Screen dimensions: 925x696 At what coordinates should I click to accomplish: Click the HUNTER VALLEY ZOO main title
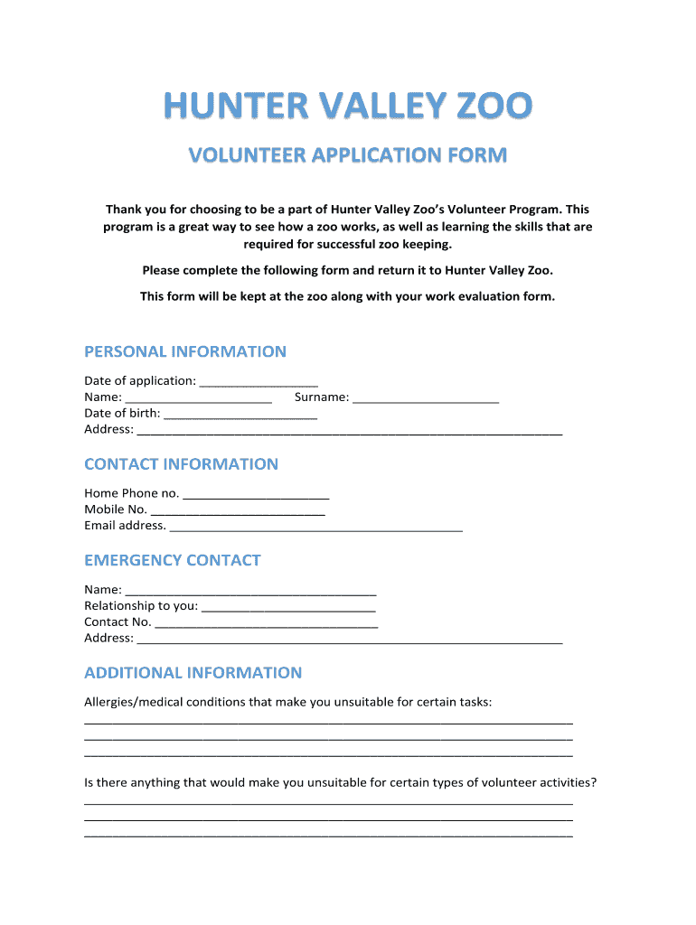[348, 107]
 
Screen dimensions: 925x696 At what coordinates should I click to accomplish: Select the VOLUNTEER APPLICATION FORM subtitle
[348, 155]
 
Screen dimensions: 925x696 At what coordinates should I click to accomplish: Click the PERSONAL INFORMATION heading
[185, 351]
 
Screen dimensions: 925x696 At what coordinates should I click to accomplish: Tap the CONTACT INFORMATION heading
[181, 464]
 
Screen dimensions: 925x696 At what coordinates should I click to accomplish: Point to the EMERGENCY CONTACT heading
[172, 560]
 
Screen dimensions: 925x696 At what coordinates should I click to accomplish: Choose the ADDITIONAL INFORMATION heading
[193, 673]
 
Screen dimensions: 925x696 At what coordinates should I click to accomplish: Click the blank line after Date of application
[259, 382]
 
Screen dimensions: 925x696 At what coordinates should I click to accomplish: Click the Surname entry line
[426, 398]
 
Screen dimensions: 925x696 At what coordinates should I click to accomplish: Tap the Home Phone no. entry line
[256, 495]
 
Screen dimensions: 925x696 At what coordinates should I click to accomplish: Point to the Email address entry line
[315, 527]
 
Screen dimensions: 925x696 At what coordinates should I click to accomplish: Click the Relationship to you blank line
[288, 607]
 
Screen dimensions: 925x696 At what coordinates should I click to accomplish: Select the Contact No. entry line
[267, 623]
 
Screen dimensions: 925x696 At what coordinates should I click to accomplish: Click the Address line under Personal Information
[349, 431]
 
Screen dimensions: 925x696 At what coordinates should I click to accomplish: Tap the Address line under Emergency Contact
[349, 640]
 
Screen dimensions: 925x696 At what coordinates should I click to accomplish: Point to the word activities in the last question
[563, 783]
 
